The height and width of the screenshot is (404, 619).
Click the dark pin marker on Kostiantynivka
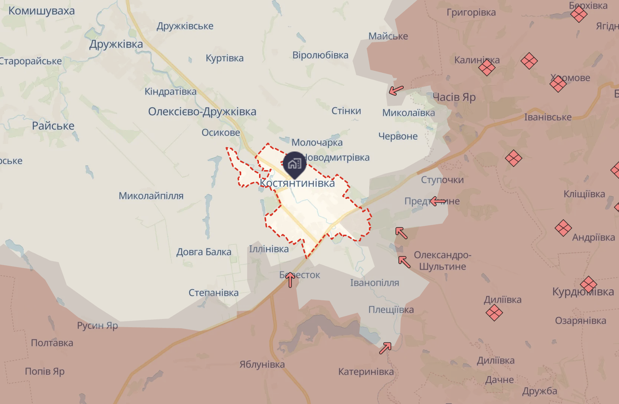click(x=295, y=164)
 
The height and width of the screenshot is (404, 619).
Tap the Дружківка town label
click(x=116, y=44)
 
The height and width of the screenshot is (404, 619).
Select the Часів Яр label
click(x=454, y=97)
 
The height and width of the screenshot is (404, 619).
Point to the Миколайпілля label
click(x=151, y=196)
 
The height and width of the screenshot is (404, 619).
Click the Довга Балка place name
click(x=204, y=252)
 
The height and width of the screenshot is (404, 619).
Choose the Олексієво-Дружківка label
click(x=202, y=112)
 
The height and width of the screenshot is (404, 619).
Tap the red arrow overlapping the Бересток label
click(x=290, y=280)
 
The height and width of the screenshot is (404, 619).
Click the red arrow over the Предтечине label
click(x=438, y=201)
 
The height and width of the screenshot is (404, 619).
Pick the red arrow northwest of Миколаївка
click(x=396, y=90)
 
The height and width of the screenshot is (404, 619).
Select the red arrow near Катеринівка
click(x=385, y=348)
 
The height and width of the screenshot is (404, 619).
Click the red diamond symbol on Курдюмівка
click(x=588, y=285)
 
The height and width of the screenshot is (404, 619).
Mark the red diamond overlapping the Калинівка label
click(x=487, y=68)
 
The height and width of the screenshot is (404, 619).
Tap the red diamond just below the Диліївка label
click(x=494, y=313)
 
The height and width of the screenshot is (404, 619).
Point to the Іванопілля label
click(x=374, y=283)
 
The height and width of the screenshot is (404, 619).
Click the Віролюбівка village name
click(x=320, y=55)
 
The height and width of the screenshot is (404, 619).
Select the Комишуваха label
click(x=42, y=11)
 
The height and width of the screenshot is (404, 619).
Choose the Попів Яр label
click(x=45, y=371)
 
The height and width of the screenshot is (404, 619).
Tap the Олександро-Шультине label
click(x=442, y=261)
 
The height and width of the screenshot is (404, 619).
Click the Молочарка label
click(x=317, y=143)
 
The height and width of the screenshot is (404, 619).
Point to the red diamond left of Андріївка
click(x=563, y=228)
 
